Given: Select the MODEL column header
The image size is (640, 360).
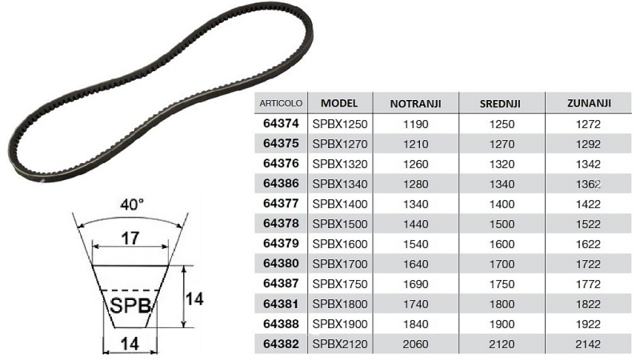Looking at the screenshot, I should point(344,104).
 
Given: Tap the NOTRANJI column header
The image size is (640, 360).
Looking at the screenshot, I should point(415,104).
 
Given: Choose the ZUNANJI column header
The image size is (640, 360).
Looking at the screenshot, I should point(589,104).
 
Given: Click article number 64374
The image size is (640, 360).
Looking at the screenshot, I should point(281,125).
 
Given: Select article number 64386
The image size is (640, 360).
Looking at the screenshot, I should point(281,184).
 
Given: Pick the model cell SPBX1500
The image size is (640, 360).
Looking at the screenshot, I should point(343,224).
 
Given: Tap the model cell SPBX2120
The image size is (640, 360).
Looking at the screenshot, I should point(343,344).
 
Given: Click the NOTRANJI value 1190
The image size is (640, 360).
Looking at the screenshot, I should point(415,125).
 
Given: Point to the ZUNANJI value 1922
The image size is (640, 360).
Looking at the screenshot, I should point(589,324).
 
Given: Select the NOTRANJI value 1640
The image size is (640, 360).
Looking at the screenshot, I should point(415,264).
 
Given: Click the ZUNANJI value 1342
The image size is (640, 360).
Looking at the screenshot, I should point(589,165).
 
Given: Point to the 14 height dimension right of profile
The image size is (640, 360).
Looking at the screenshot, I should point(194,298).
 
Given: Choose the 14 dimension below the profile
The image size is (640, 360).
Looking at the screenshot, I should point(130,343).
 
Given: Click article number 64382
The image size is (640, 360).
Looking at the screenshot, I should point(281,344).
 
